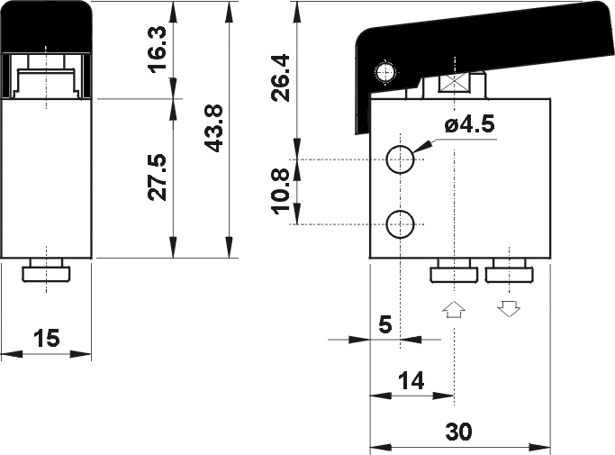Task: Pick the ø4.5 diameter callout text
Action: tap(469, 126)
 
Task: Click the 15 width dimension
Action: tap(47, 339)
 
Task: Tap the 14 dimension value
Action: tap(411, 381)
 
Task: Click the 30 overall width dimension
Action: tap(459, 432)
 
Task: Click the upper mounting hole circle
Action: tap(400, 159)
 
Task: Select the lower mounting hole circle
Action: tap(400, 223)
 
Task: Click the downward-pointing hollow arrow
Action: tap(509, 309)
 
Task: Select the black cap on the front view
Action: tap(47, 25)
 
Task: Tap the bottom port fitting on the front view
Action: tap(47, 271)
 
